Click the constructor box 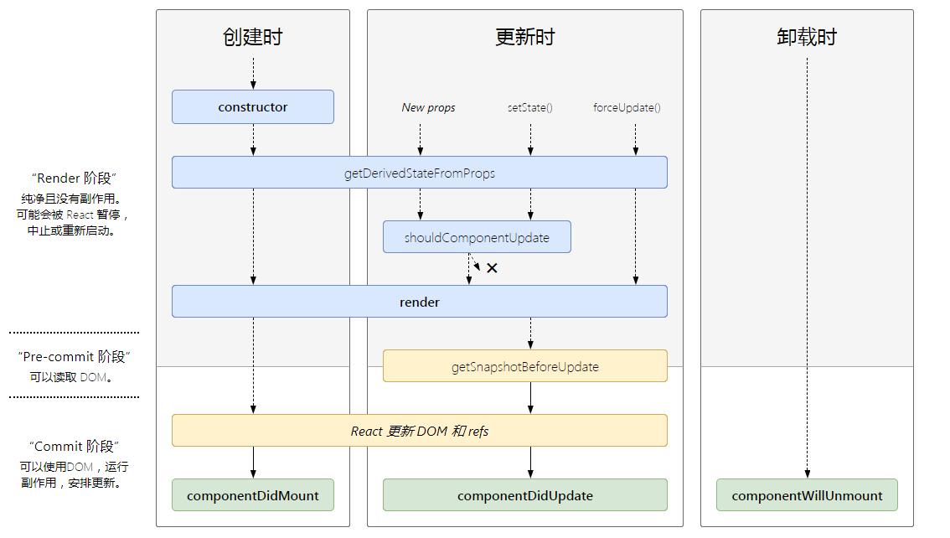253,107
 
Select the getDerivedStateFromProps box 419,173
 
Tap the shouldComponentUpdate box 477,237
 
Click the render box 419,301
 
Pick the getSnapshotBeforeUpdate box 524,366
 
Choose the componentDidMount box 253,495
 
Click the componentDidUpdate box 524,495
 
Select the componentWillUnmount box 807,495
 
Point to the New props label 428,108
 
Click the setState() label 530,108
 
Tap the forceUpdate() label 627,108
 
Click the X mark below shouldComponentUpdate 492,268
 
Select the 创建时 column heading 253,37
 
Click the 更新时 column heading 524,37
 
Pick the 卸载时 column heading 807,37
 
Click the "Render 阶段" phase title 74,178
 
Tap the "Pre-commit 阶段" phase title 74,357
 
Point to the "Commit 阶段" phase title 74,447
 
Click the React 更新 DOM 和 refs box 419,431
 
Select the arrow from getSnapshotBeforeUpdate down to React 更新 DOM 531,398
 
